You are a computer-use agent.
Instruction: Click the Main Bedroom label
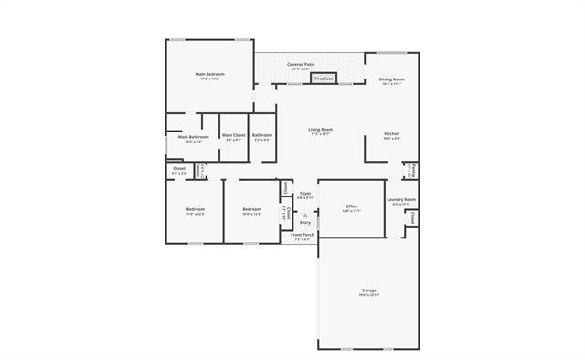coord(209,73)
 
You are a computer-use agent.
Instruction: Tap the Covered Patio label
coord(301,65)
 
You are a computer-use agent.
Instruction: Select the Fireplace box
coord(323,79)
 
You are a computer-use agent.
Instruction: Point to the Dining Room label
coord(392,79)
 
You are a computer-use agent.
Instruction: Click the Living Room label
coord(320,130)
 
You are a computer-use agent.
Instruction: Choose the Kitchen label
coord(392,134)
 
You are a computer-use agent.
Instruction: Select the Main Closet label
coord(233,135)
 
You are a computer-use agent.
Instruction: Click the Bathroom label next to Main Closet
coord(262,135)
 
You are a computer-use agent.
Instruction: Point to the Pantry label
coord(413,170)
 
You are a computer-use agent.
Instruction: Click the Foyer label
coord(305,194)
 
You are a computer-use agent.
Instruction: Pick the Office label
coord(351,207)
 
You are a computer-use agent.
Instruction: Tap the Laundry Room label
coord(402,200)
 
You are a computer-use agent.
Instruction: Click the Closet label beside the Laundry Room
coord(413,218)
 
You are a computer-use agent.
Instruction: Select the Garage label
coord(368,291)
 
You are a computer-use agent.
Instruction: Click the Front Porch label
coord(303,235)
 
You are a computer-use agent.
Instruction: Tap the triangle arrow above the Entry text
coord(305,216)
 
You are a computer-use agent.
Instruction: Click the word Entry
coord(305,223)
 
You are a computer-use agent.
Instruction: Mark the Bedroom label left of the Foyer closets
coord(251,210)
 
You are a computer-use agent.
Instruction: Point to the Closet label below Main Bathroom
coord(179,169)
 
